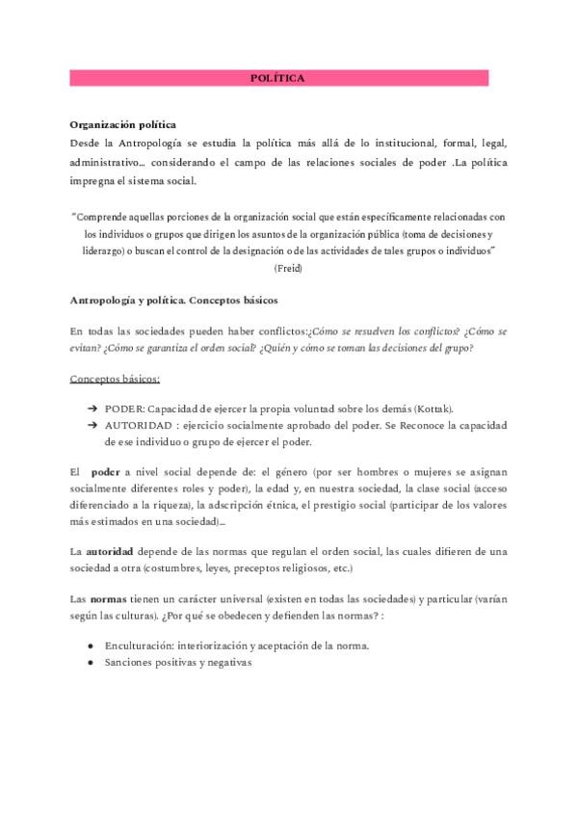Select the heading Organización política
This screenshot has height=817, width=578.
point(122,125)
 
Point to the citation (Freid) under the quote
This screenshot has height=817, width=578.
point(288,268)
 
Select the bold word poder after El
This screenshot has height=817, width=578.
point(105,473)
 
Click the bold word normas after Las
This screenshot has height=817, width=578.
point(112,597)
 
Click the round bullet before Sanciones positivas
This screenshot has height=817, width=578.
point(91,663)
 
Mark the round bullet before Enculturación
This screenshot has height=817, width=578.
point(91,645)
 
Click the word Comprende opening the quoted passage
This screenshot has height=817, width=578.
point(106,218)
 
